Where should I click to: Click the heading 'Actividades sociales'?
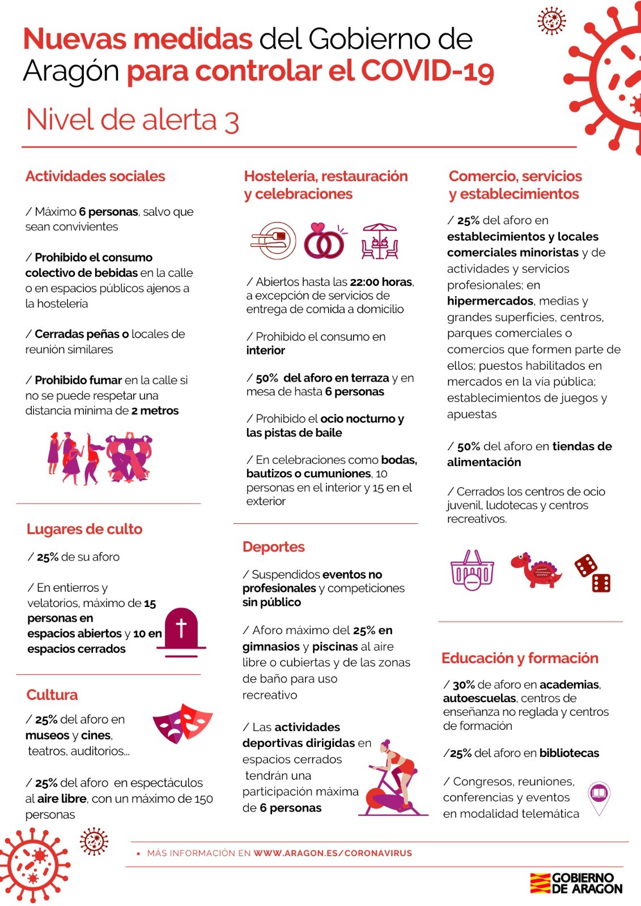95,176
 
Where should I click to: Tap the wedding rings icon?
324,241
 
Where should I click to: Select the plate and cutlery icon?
274,241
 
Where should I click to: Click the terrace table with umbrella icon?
380,242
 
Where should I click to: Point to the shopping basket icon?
472,571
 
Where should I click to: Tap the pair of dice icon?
593,573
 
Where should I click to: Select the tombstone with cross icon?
181,632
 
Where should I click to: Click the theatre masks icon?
182,723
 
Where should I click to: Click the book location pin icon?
598,797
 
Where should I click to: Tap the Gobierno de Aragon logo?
576,883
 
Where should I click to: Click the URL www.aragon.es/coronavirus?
333,853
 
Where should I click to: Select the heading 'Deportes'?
274,546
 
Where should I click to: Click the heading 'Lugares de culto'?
84,529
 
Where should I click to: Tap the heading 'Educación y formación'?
520,658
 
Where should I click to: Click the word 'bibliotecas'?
569,753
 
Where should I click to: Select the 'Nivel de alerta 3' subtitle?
133,120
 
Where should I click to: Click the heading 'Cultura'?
52,695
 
